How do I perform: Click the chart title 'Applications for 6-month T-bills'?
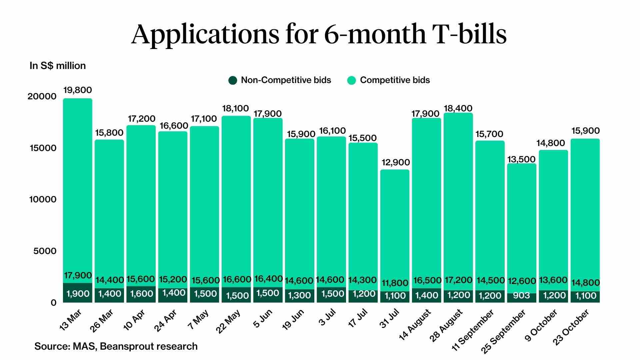[x=319, y=34]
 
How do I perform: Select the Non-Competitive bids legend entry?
[x=280, y=80]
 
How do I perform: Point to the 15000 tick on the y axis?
[x=42, y=148]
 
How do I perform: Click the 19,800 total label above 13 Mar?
[x=77, y=90]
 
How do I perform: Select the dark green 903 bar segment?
[x=522, y=297]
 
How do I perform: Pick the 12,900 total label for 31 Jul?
[x=395, y=163]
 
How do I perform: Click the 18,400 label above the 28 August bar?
[x=458, y=108]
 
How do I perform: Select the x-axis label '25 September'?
[x=503, y=331]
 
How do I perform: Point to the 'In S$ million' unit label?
[x=58, y=66]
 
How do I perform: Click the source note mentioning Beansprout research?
[x=116, y=346]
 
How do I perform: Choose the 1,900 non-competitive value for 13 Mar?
[x=78, y=294]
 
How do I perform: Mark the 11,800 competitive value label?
[x=395, y=283]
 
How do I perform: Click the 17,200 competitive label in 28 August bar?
[x=458, y=280]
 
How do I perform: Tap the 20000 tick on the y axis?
[x=42, y=97]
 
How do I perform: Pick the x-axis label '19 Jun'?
[x=293, y=319]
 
